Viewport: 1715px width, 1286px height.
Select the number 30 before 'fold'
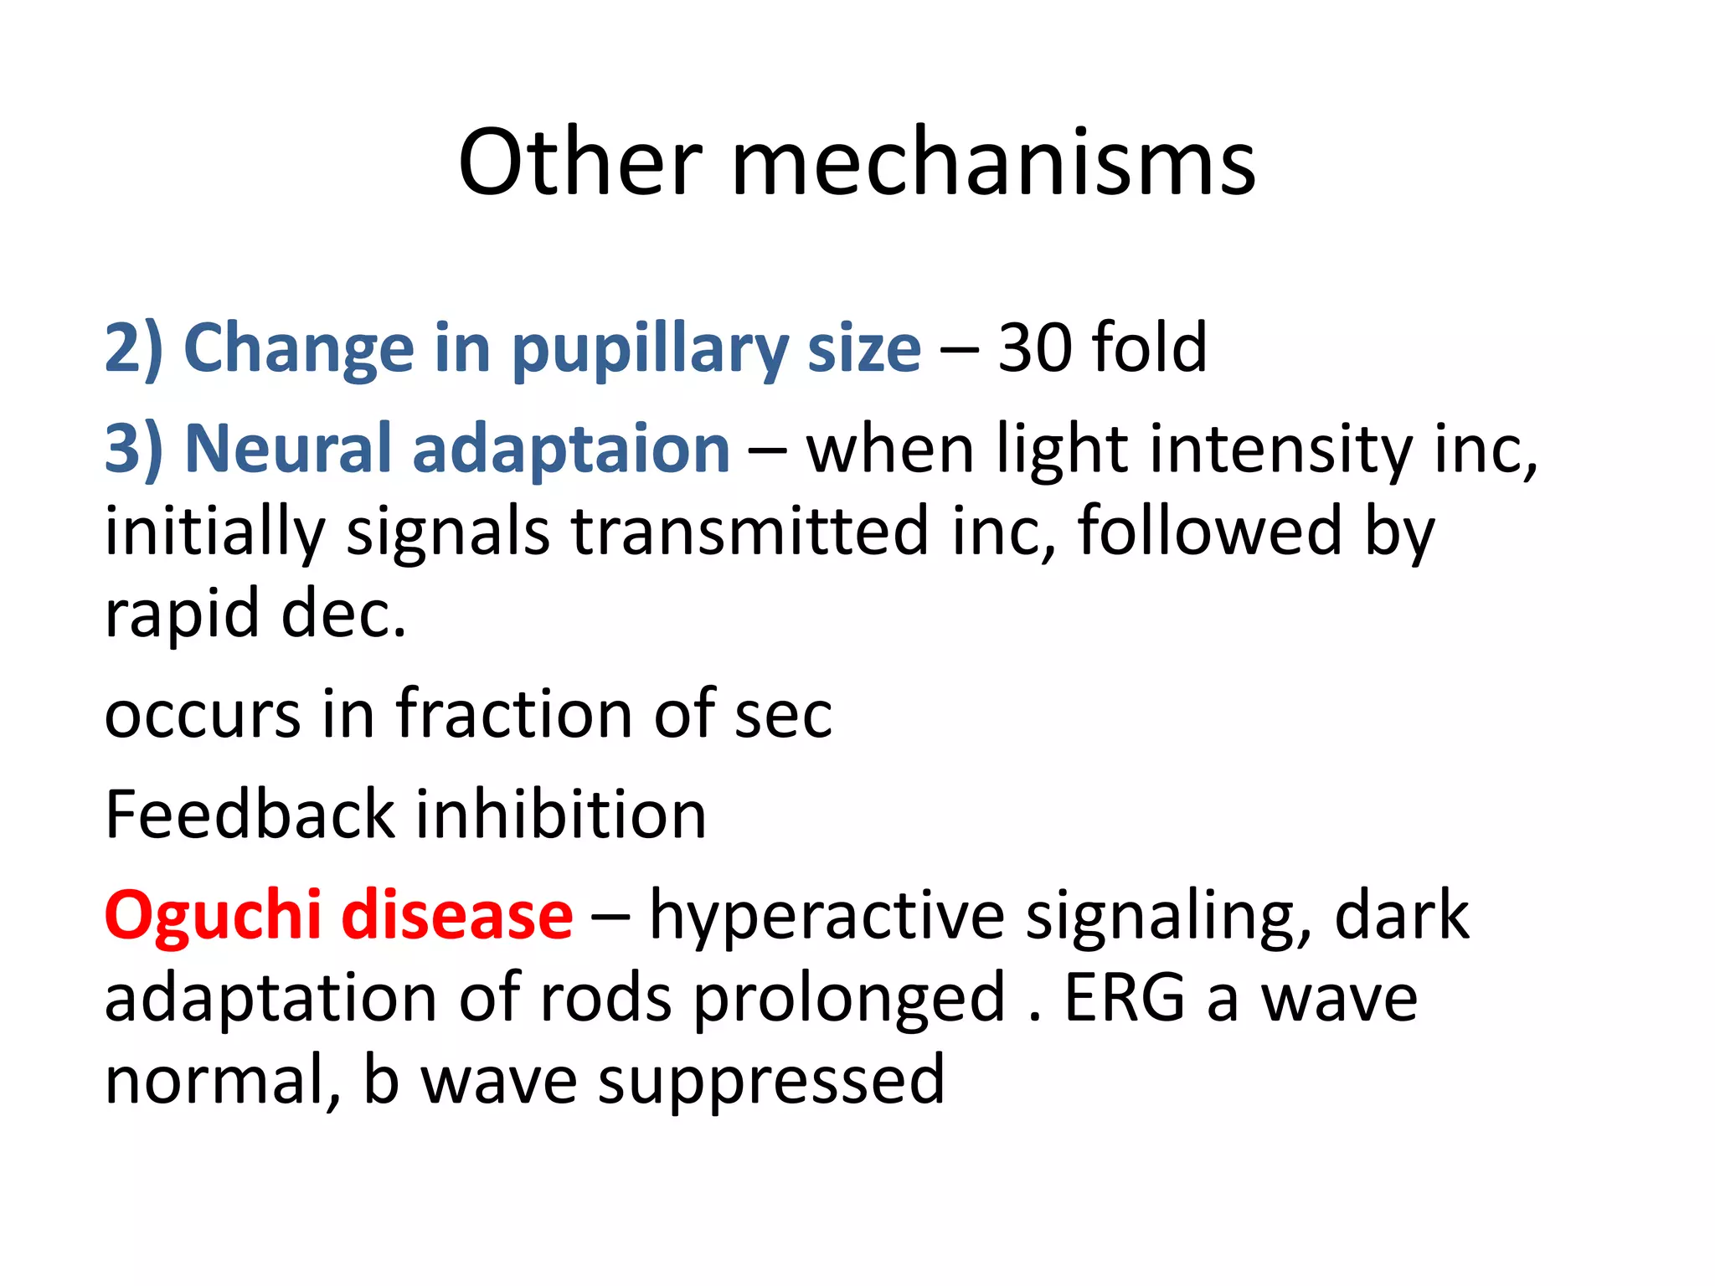pos(1034,347)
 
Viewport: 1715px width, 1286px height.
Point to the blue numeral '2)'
pos(133,348)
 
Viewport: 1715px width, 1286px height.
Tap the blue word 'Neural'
pos(288,448)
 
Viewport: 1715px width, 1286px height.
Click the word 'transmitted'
pos(750,531)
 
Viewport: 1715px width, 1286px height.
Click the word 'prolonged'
pos(849,1000)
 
